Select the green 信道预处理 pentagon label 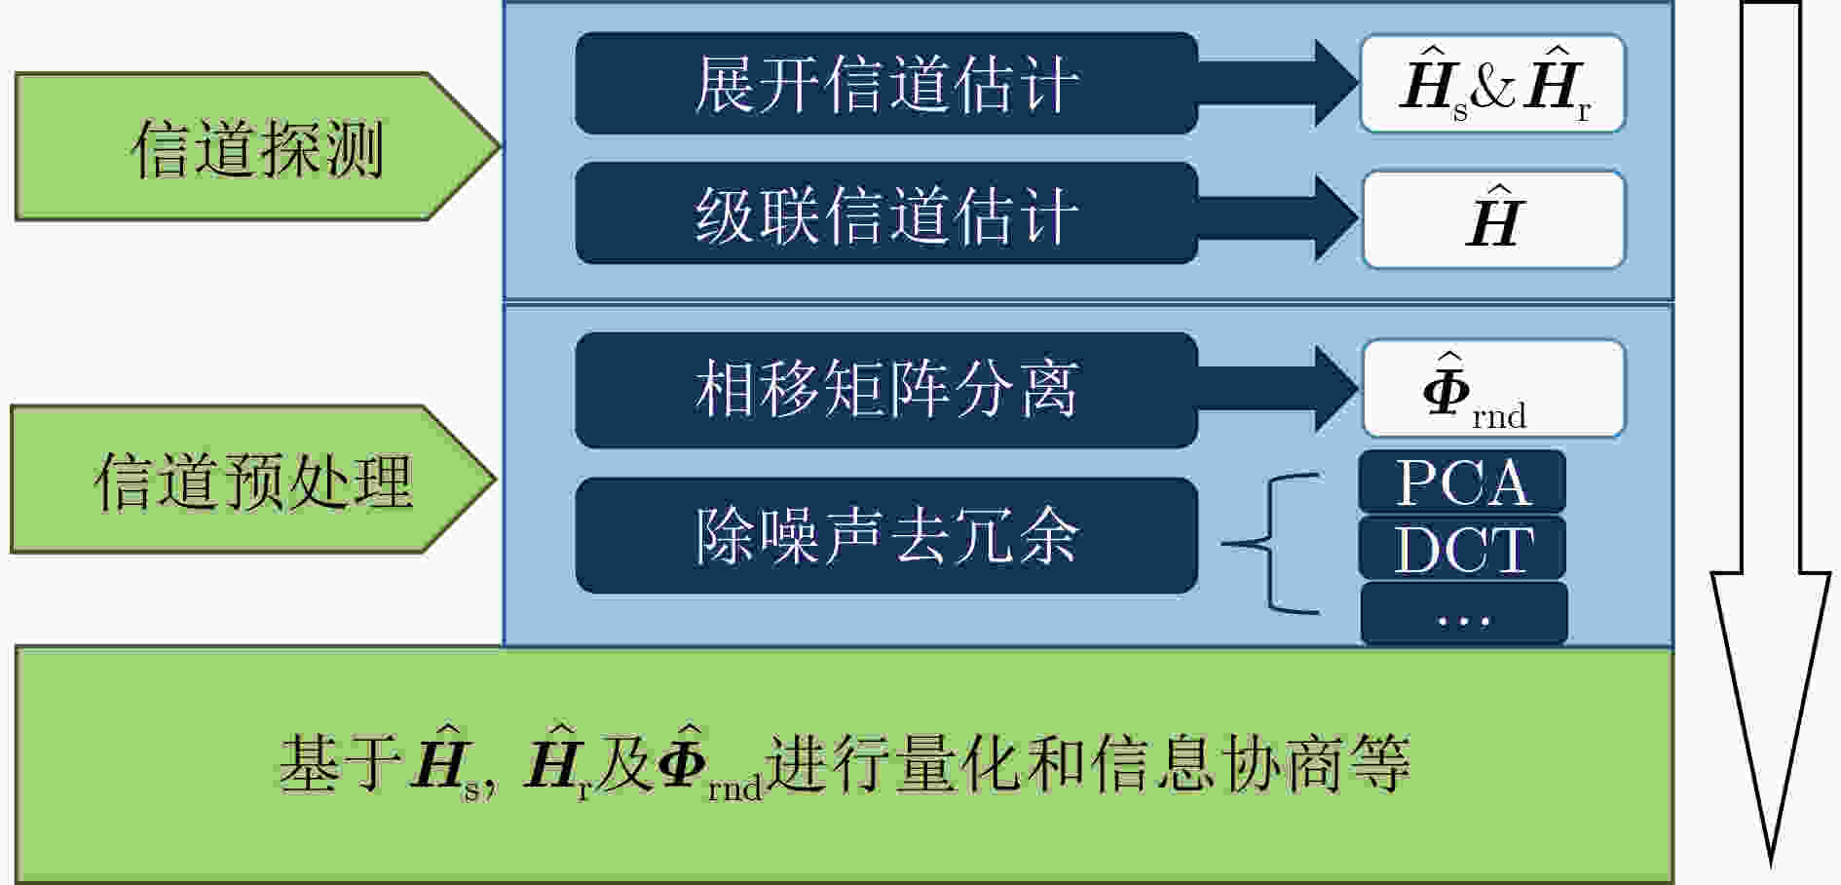point(253,480)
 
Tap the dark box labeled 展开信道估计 point(886,83)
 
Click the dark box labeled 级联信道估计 point(886,213)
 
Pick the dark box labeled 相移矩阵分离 point(886,390)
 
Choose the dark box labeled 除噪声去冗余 point(886,535)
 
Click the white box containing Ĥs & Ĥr point(1492,84)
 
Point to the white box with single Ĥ point(1493,219)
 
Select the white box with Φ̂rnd point(1493,389)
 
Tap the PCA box point(1462,481)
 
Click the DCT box point(1462,549)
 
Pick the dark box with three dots point(1464,614)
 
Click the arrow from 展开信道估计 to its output point(1278,83)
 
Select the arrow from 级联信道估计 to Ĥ point(1278,217)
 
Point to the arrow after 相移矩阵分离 point(1278,389)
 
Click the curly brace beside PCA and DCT point(1270,544)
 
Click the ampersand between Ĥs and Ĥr point(1493,88)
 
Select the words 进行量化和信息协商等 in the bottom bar point(1088,762)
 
